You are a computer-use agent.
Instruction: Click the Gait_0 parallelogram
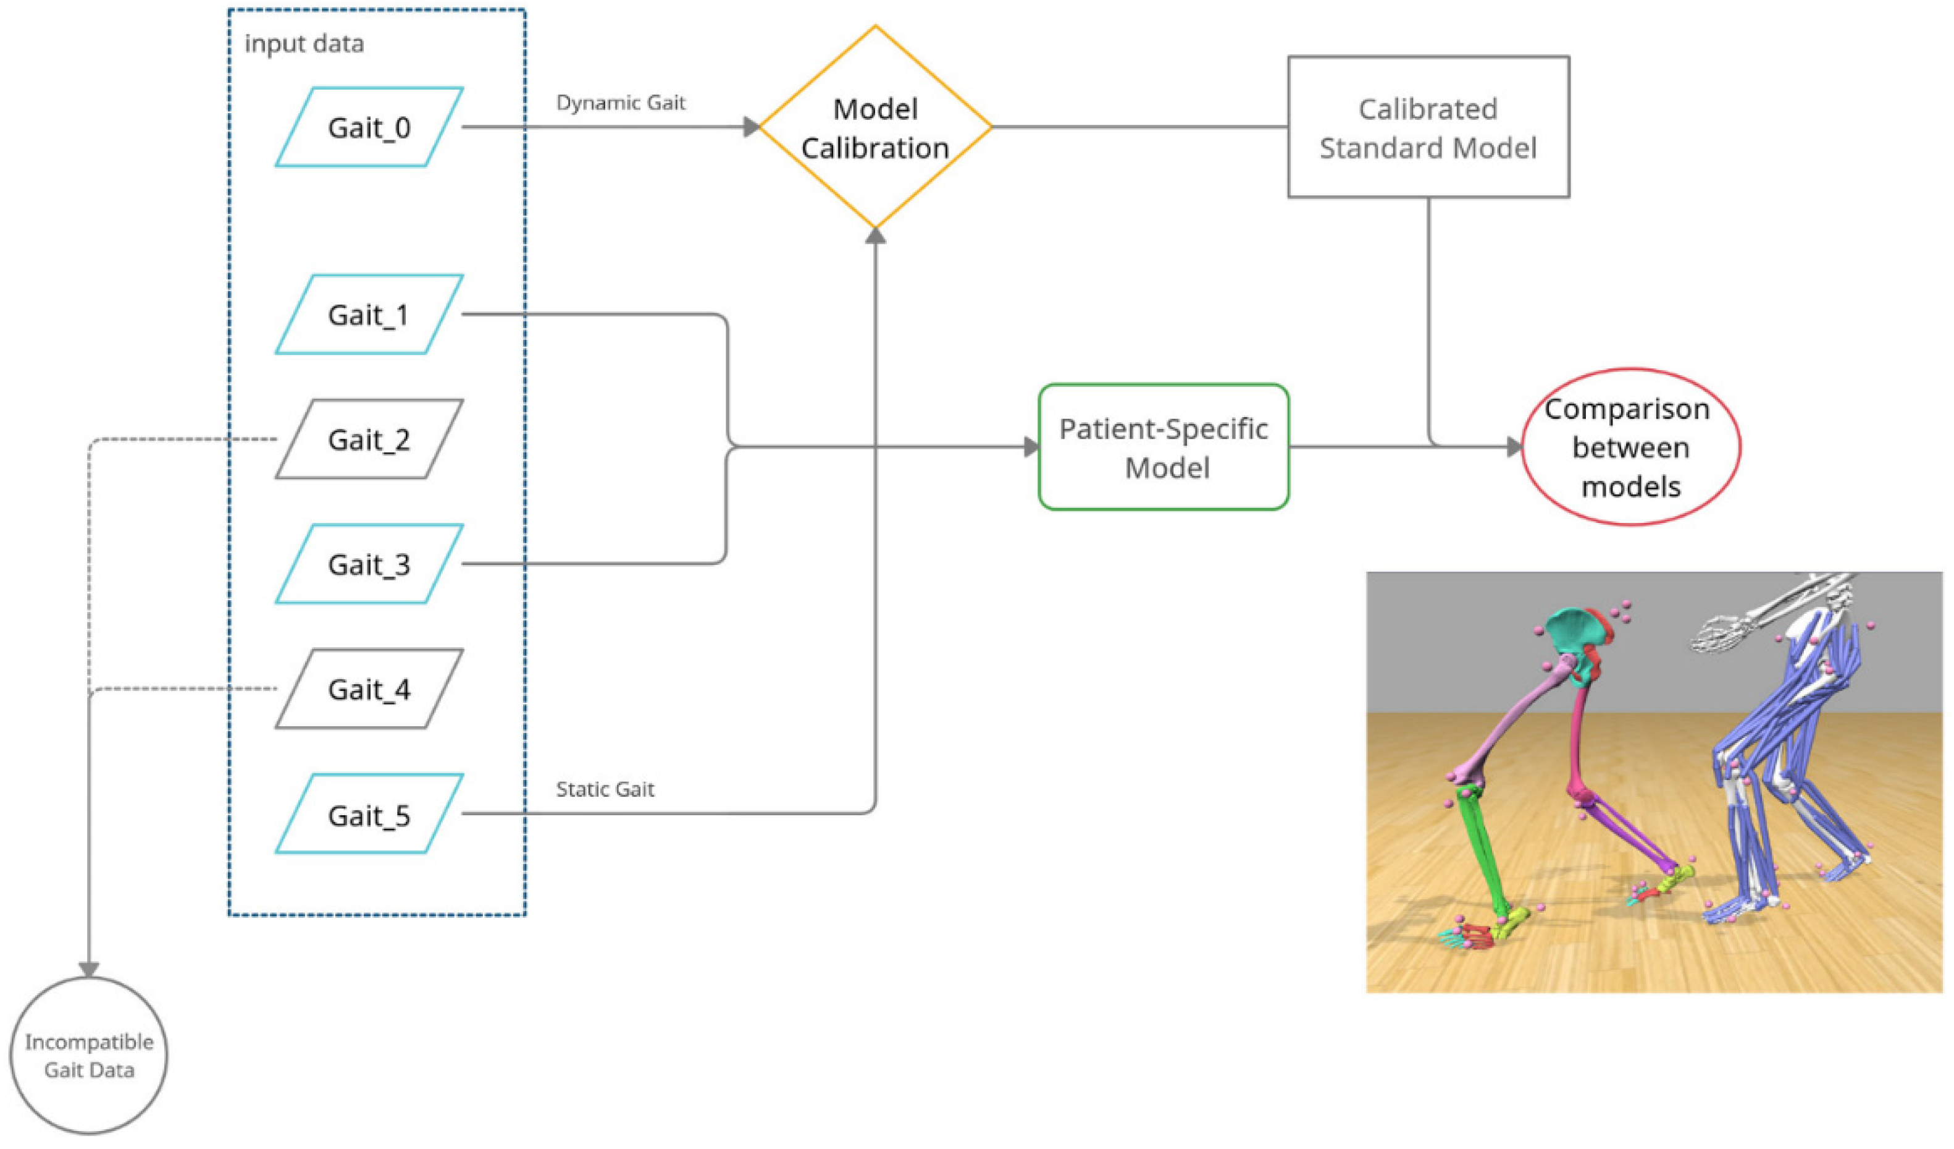[x=369, y=127]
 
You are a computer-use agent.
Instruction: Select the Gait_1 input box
[x=369, y=314]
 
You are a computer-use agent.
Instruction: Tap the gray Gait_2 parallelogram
[x=369, y=439]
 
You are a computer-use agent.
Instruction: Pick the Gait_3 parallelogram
[x=369, y=564]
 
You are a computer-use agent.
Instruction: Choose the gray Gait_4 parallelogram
[x=369, y=689]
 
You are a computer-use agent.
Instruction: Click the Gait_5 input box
[x=369, y=814]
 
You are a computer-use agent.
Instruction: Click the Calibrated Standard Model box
[x=1428, y=127]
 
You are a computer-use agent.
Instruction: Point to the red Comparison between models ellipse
[x=1630, y=447]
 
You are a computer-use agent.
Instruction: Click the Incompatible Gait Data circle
[x=89, y=1055]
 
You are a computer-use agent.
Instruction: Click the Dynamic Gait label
[x=620, y=103]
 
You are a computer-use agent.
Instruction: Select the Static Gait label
[x=605, y=789]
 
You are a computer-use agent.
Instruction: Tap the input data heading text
[x=304, y=43]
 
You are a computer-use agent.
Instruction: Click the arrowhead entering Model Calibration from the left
[x=750, y=127]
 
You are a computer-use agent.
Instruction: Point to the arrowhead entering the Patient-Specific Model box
[x=1031, y=447]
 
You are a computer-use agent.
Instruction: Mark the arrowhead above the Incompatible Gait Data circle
[x=89, y=970]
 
